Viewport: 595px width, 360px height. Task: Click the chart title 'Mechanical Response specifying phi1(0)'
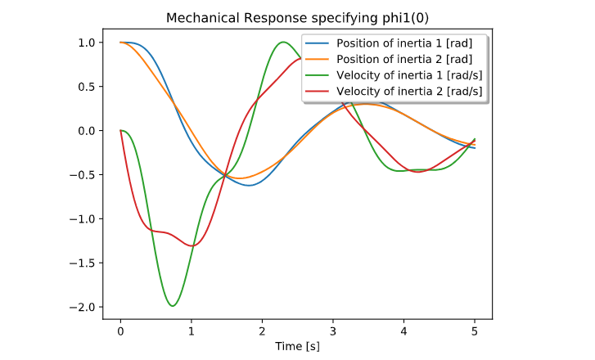tap(297, 18)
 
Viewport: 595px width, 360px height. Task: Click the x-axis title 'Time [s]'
tap(297, 346)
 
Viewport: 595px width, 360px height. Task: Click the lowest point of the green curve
tap(173, 306)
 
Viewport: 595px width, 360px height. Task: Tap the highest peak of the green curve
tap(283, 42)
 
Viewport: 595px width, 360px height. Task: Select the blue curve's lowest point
tap(250, 186)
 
